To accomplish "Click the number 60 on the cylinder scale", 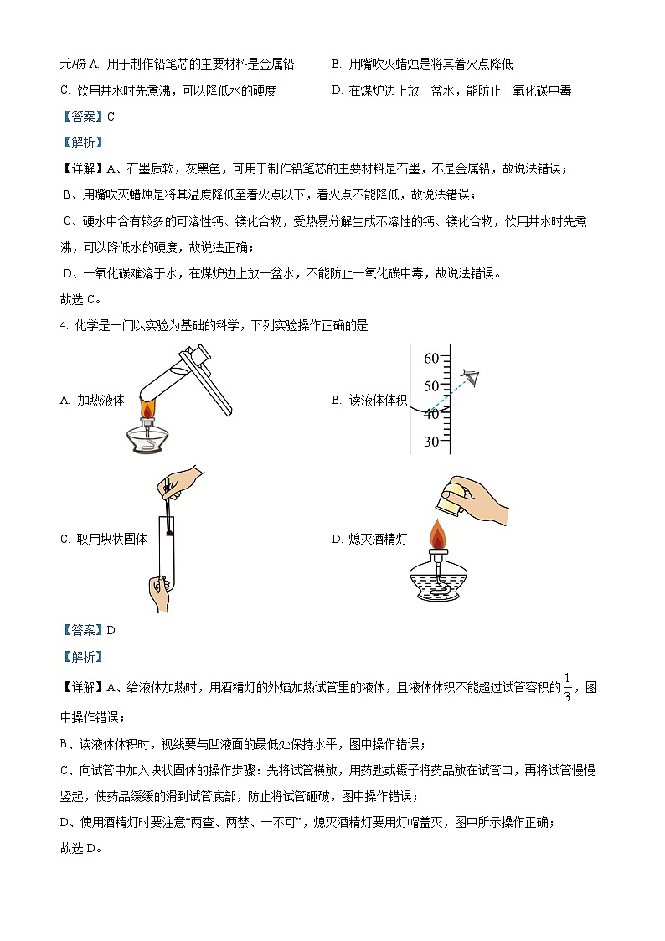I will (431, 359).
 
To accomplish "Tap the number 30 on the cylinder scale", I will (431, 442).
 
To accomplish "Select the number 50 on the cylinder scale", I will (431, 386).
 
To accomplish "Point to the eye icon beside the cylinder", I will (471, 376).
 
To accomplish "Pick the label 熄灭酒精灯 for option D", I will (377, 539).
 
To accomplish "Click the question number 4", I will (64, 325).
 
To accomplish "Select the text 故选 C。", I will (80, 298).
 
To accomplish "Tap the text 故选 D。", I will (80, 847).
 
